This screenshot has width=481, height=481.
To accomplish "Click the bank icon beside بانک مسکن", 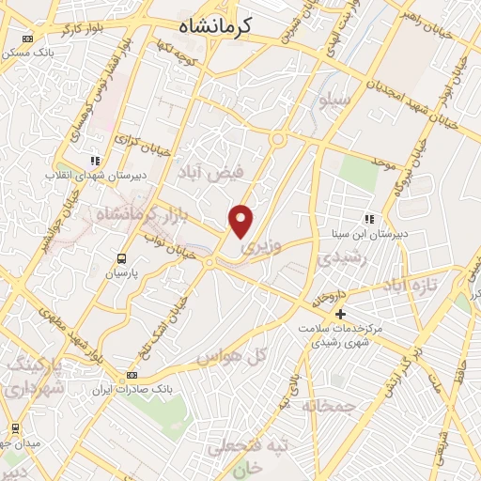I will point(26,39).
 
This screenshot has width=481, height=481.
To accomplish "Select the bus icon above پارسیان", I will point(120,258).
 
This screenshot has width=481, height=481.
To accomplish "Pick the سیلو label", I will point(334,98).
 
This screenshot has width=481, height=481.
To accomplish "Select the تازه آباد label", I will point(408,283).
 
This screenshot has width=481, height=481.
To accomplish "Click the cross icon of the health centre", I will point(340,313).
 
